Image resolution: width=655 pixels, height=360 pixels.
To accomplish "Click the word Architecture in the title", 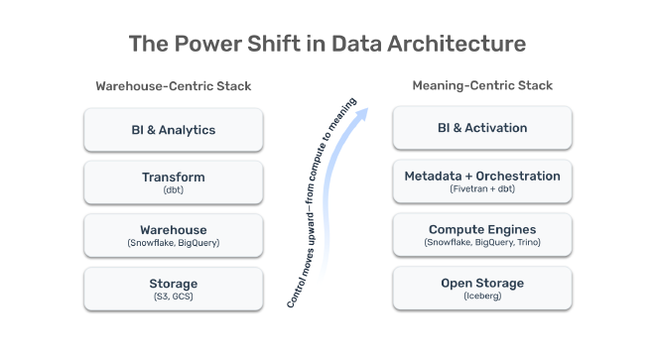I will (456, 45).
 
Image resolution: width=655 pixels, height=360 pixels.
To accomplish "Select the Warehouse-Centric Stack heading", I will (173, 86).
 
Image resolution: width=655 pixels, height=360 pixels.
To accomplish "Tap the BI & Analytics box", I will (173, 129).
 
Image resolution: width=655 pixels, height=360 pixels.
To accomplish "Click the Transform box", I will (173, 181).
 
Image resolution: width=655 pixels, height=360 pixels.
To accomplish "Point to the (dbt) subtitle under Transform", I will (173, 190).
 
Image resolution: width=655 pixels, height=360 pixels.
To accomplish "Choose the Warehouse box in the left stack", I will (173, 234).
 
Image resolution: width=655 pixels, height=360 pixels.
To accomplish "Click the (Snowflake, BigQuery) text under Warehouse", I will (173, 243).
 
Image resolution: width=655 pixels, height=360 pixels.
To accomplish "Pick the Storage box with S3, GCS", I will (173, 288).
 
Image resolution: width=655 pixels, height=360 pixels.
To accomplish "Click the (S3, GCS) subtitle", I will (173, 297).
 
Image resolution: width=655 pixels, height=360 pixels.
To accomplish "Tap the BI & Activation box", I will (482, 128).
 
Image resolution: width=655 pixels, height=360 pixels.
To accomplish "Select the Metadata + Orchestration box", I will (482, 181).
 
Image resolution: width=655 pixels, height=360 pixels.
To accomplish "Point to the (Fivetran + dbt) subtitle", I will (482, 190).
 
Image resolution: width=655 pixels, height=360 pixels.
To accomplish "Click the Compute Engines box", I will (482, 234).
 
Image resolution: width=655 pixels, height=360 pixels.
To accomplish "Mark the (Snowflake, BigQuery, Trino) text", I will (482, 243).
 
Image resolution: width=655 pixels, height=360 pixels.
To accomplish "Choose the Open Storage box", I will (482, 288).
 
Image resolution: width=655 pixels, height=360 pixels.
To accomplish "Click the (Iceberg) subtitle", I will (482, 297).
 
